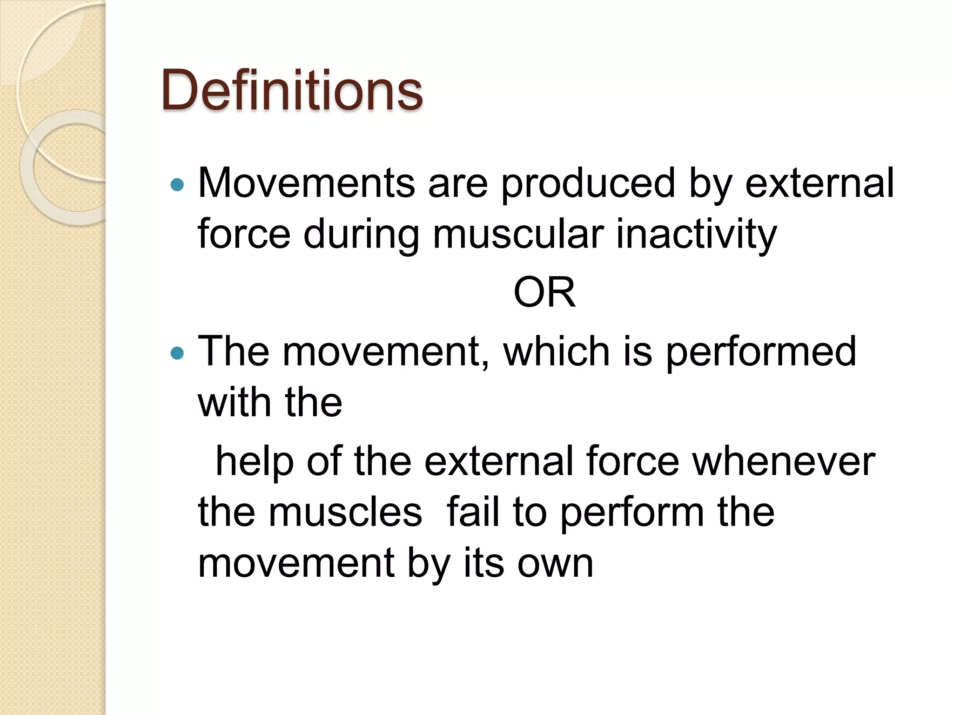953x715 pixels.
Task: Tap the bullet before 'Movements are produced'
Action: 177,185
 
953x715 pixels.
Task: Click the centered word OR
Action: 544,292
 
